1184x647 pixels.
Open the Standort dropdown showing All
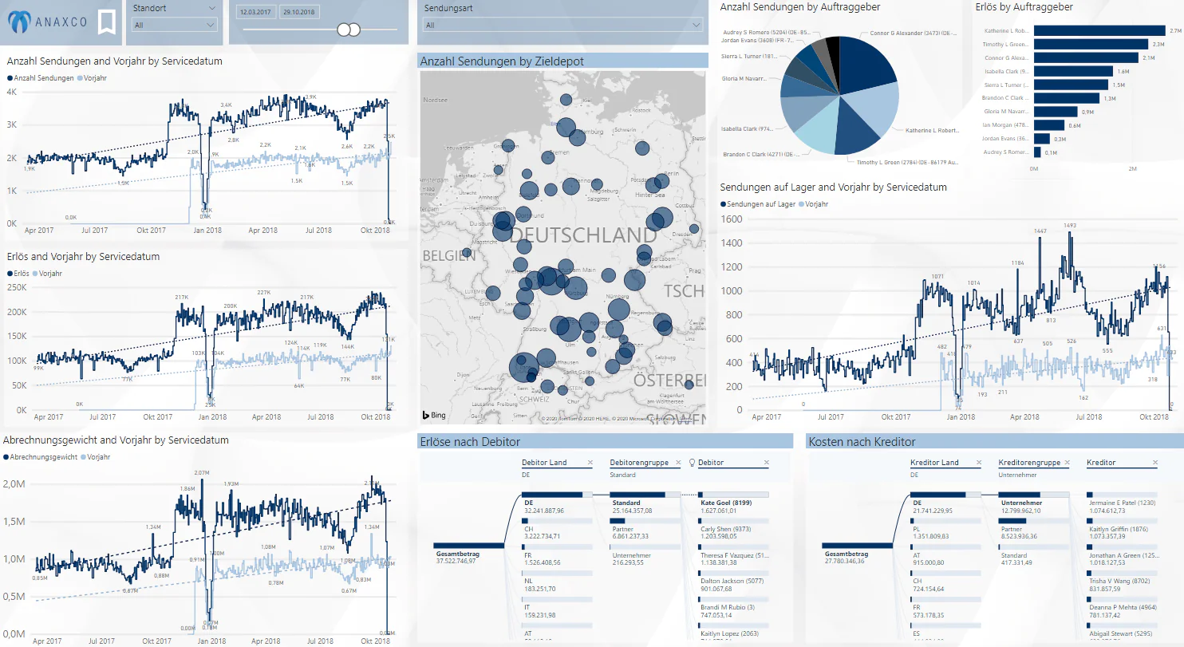pyautogui.click(x=175, y=25)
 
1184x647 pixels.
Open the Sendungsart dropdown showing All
pyautogui.click(x=562, y=25)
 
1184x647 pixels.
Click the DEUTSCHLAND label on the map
pyautogui.click(x=582, y=235)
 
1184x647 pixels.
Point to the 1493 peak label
pyautogui.click(x=1070, y=226)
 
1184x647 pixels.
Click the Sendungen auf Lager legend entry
pyautogui.click(x=759, y=204)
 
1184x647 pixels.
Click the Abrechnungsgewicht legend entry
pyautogui.click(x=45, y=457)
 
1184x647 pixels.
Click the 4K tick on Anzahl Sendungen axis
pyautogui.click(x=11, y=93)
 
